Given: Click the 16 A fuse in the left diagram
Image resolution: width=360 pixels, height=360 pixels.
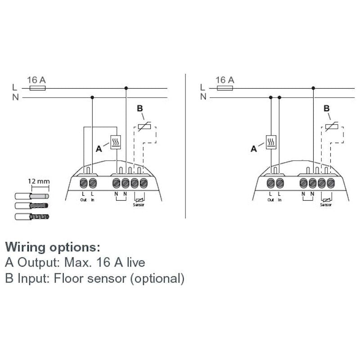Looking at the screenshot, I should point(36,89).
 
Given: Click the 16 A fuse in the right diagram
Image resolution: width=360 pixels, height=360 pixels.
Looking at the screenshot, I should point(225,89).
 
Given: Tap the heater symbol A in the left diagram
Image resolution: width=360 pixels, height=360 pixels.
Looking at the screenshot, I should point(116,142).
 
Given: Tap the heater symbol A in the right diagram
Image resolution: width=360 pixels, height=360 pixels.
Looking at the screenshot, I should point(271,142).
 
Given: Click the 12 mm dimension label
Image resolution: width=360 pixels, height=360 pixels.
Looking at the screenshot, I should point(38,181).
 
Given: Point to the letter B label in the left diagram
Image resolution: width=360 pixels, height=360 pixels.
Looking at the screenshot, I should point(139,108).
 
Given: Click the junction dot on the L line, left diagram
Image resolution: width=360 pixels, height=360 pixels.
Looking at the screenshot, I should point(126,89).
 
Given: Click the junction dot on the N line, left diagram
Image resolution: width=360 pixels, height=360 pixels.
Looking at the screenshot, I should point(92,97).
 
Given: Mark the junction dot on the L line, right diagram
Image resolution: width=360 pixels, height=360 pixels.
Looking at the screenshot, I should point(313,89).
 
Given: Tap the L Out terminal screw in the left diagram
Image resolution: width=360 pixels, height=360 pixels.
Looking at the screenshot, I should point(84,183).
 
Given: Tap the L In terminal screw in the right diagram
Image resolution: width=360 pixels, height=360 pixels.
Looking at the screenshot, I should point(280,183).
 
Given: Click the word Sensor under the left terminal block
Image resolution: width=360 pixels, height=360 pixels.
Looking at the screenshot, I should point(139,204).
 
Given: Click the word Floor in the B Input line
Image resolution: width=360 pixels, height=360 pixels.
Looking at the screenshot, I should point(66,278).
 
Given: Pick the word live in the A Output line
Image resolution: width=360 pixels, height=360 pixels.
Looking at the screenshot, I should point(133,262).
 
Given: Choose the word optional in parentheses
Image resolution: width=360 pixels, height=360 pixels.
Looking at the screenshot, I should point(157,278).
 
